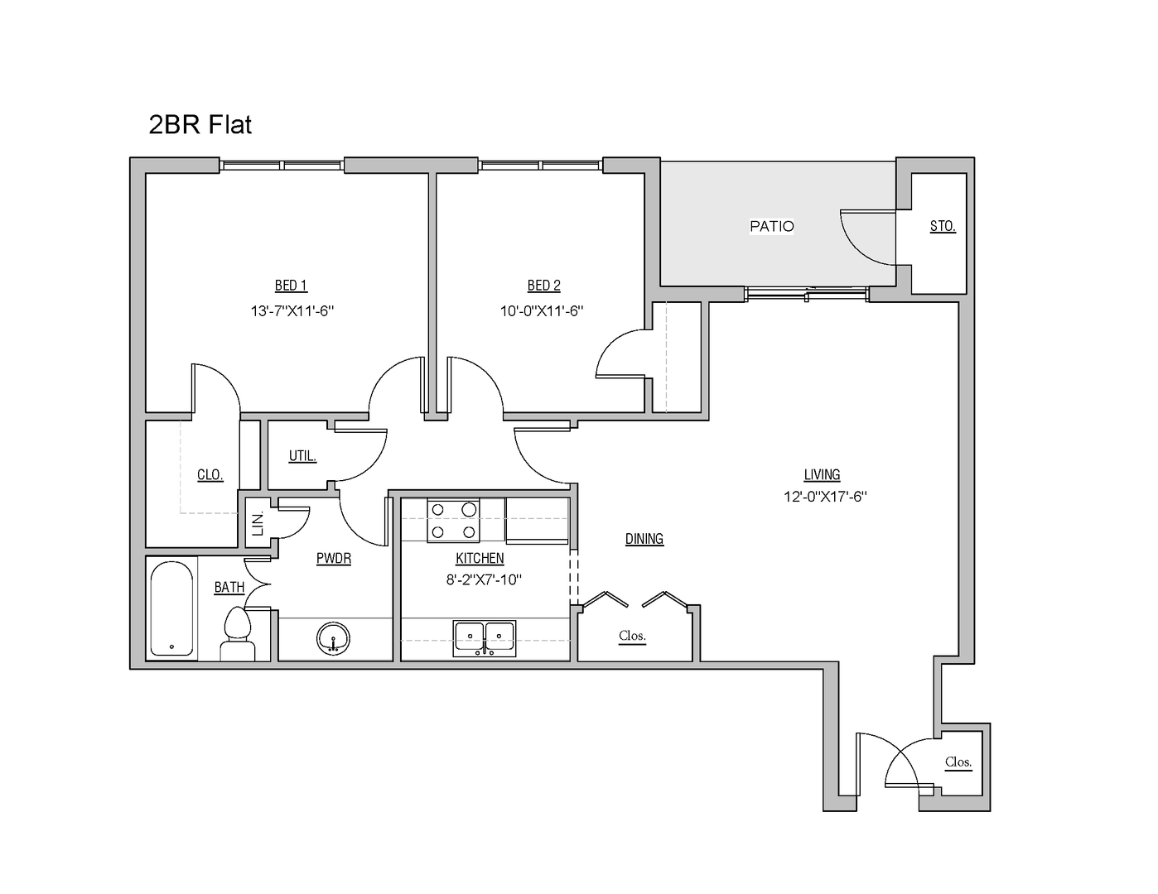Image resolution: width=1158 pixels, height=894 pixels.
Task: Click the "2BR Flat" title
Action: coord(200,125)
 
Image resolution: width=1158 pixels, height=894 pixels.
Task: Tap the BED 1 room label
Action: coord(291,286)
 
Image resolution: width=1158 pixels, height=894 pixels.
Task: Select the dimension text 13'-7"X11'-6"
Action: coord(292,311)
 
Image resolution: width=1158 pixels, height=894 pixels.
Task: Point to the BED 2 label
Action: coord(543,286)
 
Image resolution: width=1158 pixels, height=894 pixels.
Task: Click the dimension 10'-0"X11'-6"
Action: coord(542,311)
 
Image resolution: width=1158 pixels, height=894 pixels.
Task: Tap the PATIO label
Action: coord(771,226)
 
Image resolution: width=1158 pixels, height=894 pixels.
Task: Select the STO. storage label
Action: coord(942,226)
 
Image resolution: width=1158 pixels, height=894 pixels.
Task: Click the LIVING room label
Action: coord(822,474)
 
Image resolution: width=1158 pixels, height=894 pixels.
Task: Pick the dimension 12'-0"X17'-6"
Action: coord(825,497)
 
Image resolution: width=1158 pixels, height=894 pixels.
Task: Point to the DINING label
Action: coord(644,539)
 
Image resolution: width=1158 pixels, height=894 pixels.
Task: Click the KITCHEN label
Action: coord(480,559)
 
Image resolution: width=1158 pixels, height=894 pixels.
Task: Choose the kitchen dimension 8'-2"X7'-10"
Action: coord(483,579)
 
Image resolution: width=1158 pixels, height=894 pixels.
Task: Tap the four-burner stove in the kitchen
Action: coord(453,521)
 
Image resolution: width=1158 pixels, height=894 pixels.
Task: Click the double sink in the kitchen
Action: coord(485,638)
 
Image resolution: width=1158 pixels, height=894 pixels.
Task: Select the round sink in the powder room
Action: coord(333,638)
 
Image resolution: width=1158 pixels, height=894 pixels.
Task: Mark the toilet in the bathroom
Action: coord(238,635)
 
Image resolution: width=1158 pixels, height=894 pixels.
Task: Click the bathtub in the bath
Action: coord(172,610)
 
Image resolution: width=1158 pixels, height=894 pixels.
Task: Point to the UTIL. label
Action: coord(302,456)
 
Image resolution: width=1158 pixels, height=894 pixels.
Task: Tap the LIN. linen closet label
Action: coord(258,522)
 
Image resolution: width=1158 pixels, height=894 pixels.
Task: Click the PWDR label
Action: coord(334,559)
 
